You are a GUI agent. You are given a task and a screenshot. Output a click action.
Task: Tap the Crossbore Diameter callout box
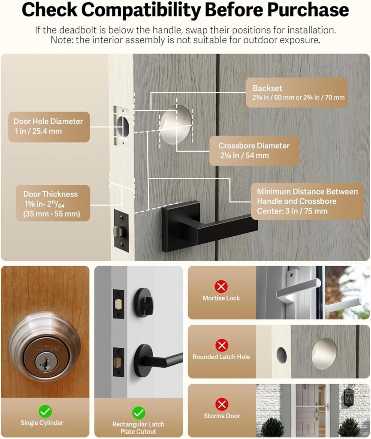[x=254, y=150]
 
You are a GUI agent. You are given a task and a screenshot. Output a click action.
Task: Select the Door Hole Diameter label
[x=48, y=126]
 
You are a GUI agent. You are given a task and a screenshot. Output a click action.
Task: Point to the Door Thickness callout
[x=53, y=203]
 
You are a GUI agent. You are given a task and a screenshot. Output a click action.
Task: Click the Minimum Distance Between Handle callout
[x=307, y=201]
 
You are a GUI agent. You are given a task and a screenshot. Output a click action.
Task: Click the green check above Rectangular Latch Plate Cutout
[x=138, y=413]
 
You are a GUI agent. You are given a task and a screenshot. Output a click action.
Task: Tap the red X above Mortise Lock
[x=221, y=286]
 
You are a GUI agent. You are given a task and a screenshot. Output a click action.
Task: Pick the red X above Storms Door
[x=221, y=404]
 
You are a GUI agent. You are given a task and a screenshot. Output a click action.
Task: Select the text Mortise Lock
[x=221, y=298]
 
